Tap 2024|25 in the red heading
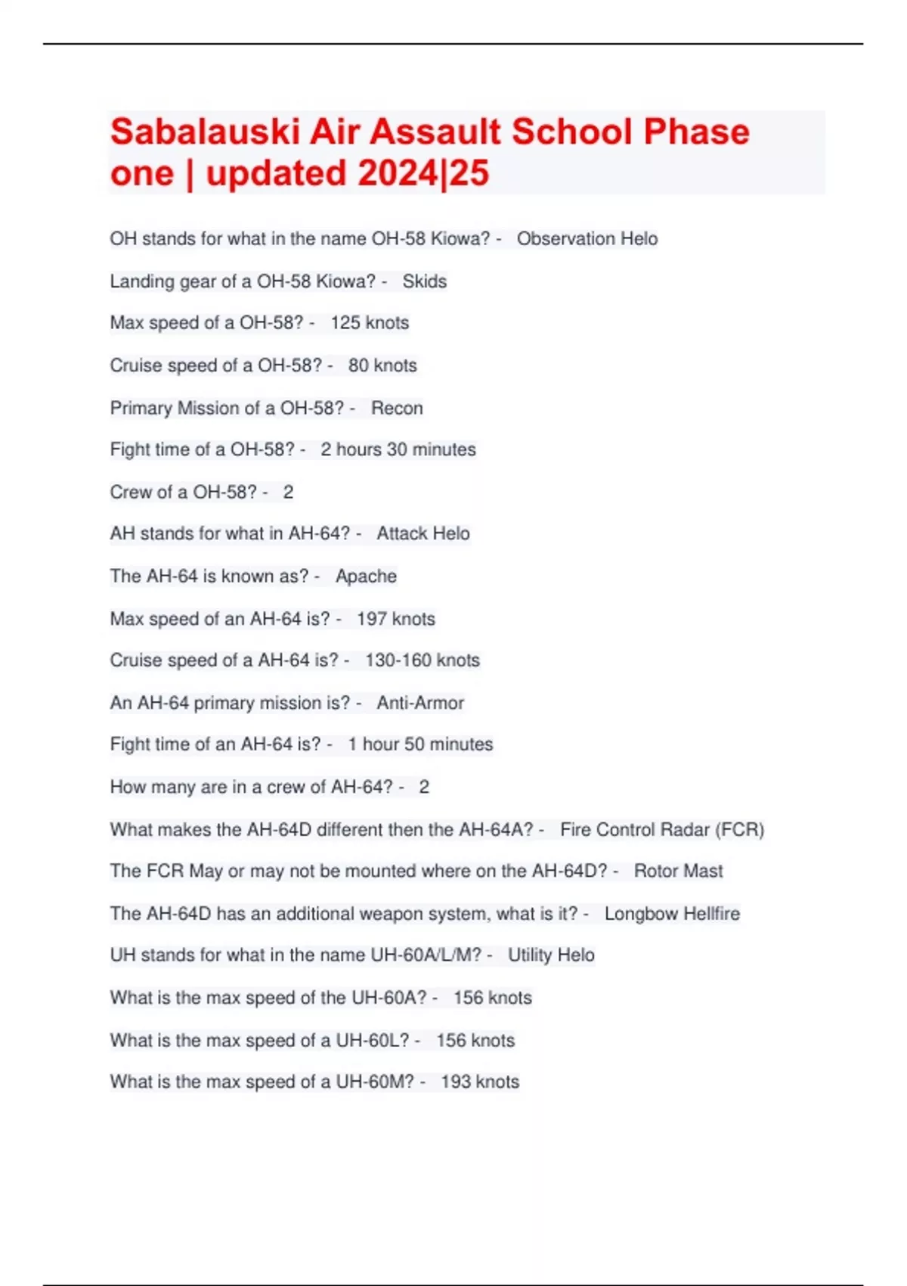click(x=423, y=173)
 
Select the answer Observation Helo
click(x=587, y=239)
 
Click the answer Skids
click(x=424, y=281)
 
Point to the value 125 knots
click(x=370, y=323)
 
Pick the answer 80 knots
click(x=382, y=365)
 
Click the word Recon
click(x=397, y=408)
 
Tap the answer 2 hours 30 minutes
click(x=398, y=449)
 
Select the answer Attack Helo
click(x=423, y=533)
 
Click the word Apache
click(x=366, y=576)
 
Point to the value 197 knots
click(x=396, y=619)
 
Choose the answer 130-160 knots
click(x=423, y=660)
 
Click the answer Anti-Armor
click(x=420, y=703)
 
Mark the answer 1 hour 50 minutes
click(x=420, y=744)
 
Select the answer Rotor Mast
click(x=678, y=871)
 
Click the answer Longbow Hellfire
click(x=672, y=914)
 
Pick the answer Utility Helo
click(x=551, y=955)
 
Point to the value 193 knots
click(x=480, y=1082)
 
